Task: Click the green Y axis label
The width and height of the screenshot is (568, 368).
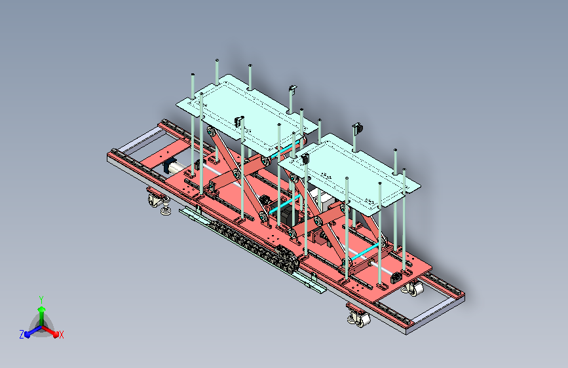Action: click(41, 299)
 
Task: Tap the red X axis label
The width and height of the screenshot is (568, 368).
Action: click(61, 335)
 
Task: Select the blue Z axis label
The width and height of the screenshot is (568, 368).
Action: click(22, 335)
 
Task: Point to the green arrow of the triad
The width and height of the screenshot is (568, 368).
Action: click(42, 315)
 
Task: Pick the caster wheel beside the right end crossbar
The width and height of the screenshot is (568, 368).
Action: click(413, 289)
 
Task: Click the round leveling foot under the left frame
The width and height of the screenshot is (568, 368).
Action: click(166, 210)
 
